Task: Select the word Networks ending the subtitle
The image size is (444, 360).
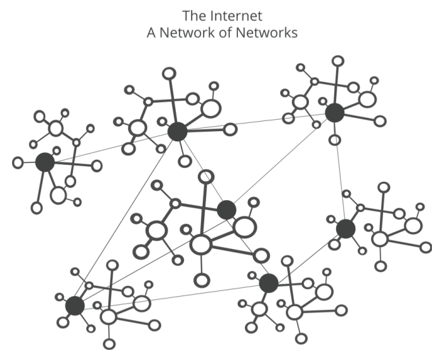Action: (x=268, y=32)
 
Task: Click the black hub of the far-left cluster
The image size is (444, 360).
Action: (x=44, y=162)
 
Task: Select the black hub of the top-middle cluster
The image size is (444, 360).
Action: (x=178, y=132)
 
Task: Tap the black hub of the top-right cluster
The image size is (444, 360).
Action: (x=334, y=113)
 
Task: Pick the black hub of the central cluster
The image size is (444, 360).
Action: (x=226, y=209)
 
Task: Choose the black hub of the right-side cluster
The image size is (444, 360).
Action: (x=346, y=229)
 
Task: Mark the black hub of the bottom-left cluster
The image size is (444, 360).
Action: (x=75, y=305)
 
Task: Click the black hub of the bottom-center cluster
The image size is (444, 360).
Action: (x=268, y=283)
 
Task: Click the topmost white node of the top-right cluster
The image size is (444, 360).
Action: (x=339, y=61)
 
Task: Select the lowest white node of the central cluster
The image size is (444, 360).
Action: (x=202, y=280)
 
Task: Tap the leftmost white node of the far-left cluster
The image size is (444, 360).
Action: (x=18, y=163)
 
